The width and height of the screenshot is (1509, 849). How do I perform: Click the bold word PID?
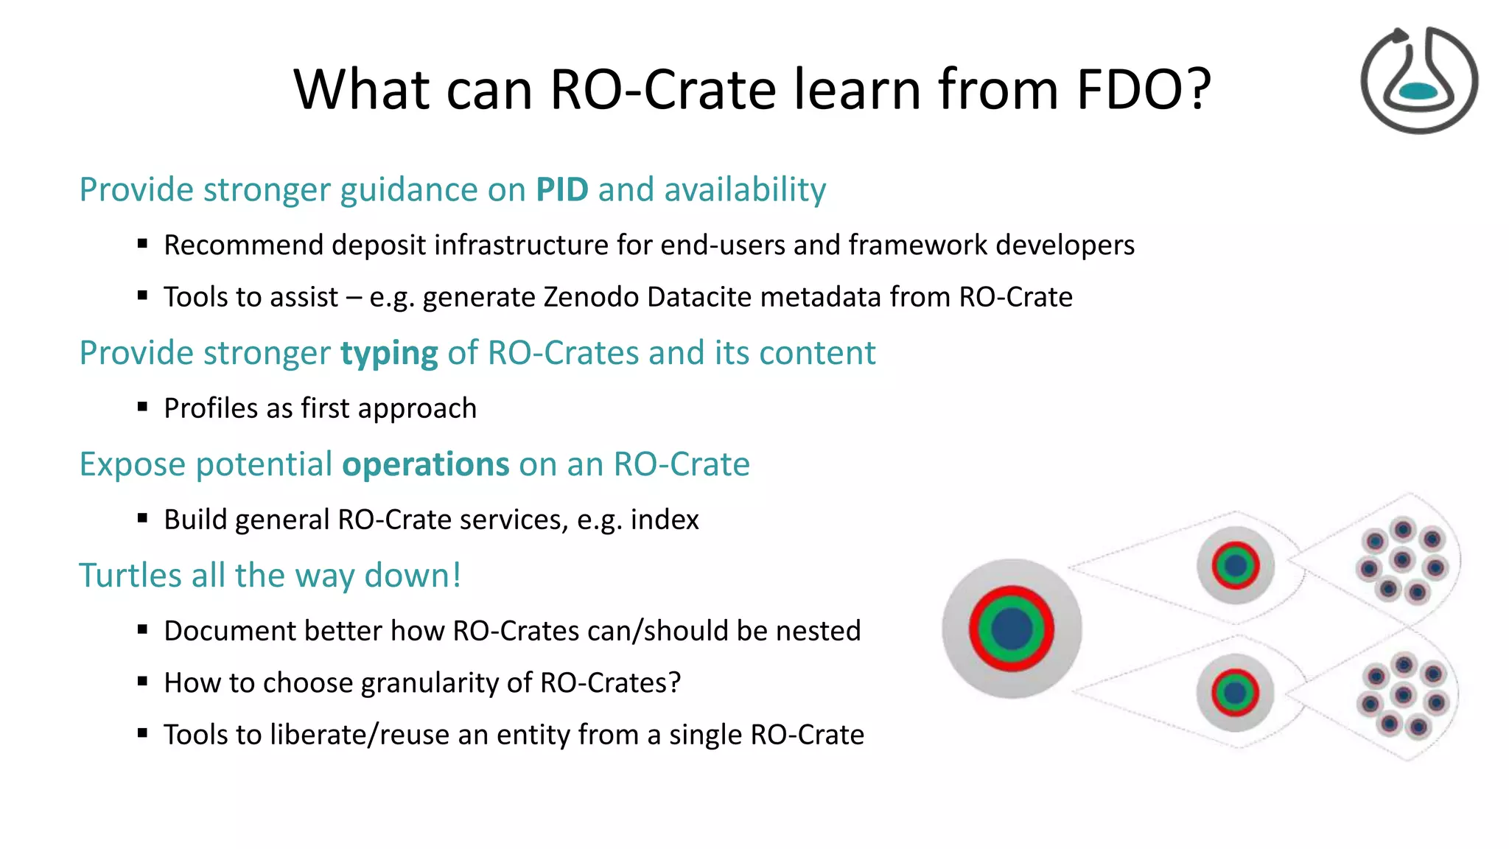[561, 190]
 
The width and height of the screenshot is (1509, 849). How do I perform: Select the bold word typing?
[388, 354]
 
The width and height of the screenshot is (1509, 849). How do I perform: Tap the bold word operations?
[425, 464]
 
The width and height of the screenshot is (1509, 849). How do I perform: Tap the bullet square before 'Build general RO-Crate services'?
[143, 519]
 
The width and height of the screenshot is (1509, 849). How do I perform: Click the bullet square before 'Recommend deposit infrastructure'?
[143, 244]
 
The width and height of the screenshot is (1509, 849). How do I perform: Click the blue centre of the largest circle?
[1012, 629]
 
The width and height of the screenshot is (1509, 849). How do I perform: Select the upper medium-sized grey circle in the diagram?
[1236, 565]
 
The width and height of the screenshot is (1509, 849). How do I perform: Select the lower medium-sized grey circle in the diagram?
[1236, 693]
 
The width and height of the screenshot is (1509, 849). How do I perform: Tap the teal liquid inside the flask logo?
[1418, 91]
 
